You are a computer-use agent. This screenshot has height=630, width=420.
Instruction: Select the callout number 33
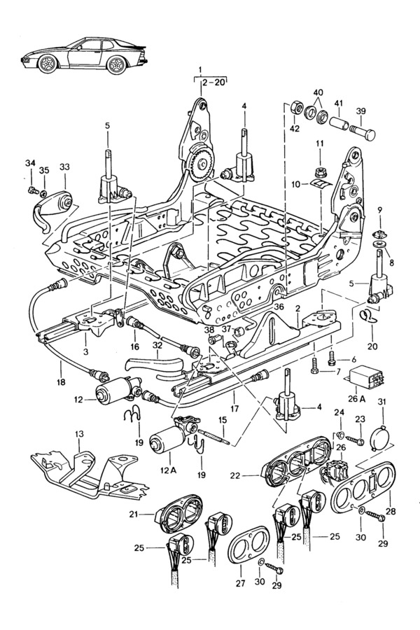tap(64, 167)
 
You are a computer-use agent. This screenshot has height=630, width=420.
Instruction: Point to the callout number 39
tap(361, 111)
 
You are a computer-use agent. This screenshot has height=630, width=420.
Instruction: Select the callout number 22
tap(235, 476)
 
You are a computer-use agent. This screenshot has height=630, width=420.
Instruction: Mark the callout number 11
tap(318, 143)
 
